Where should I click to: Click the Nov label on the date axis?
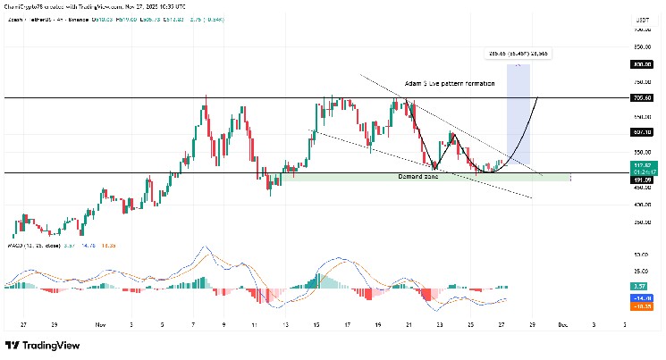(x=100, y=325)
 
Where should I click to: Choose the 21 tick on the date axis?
(x=409, y=325)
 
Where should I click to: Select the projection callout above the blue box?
(x=518, y=54)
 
